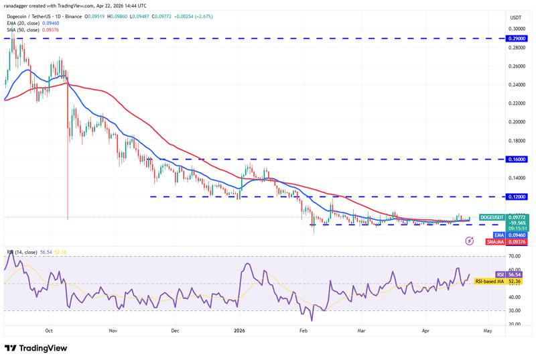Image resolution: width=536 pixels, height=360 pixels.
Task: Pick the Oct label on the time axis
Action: tap(49, 331)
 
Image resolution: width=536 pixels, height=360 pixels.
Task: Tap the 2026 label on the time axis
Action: tap(240, 331)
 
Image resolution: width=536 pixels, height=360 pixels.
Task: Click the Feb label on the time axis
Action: tap(303, 331)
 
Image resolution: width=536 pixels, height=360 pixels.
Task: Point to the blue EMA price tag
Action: tap(498, 235)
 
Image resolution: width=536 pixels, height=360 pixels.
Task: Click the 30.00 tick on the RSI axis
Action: tap(515, 310)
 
